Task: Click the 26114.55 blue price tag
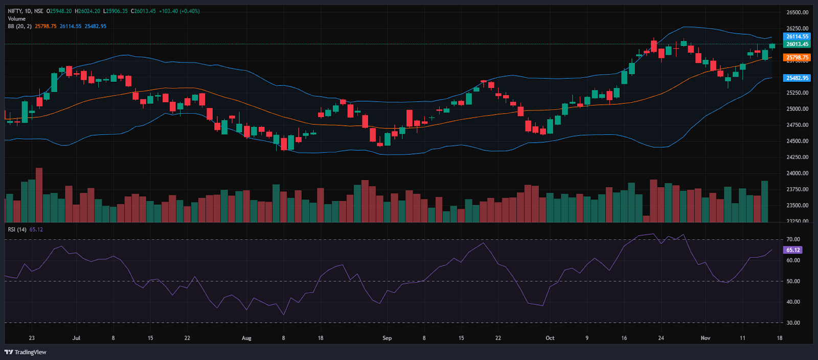pyautogui.click(x=797, y=36)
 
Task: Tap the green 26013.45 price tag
pyautogui.click(x=797, y=44)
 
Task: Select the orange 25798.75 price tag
pyautogui.click(x=797, y=58)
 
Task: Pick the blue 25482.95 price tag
pyautogui.click(x=797, y=78)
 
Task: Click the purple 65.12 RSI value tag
pyautogui.click(x=793, y=250)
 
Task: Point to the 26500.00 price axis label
pyautogui.click(x=797, y=12)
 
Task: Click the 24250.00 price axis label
pyautogui.click(x=797, y=157)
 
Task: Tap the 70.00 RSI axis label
pyautogui.click(x=793, y=239)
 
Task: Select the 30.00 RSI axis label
pyautogui.click(x=793, y=323)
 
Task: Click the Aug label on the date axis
pyautogui.click(x=246, y=338)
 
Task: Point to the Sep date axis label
pyautogui.click(x=387, y=338)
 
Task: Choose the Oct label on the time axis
pyautogui.click(x=550, y=338)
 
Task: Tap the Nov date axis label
pyautogui.click(x=706, y=338)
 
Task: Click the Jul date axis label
pyautogui.click(x=76, y=338)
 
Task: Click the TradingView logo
pyautogui.click(x=26, y=352)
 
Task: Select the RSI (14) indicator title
pyautogui.click(x=17, y=230)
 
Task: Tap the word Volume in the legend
pyautogui.click(x=17, y=18)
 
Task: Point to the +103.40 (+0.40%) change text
pyautogui.click(x=179, y=11)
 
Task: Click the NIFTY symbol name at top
pyautogui.click(x=15, y=11)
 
